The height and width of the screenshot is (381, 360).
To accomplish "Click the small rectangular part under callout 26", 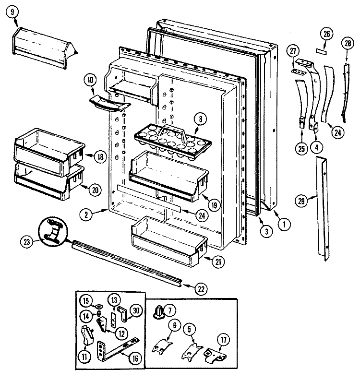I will coord(321,50).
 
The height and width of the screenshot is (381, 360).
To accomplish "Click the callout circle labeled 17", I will coord(222,338).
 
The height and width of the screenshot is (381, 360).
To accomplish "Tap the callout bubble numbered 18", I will coord(100,156).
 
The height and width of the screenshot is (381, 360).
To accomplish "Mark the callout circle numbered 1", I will coord(284,223).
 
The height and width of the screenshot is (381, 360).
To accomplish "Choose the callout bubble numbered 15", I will coord(84,301).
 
